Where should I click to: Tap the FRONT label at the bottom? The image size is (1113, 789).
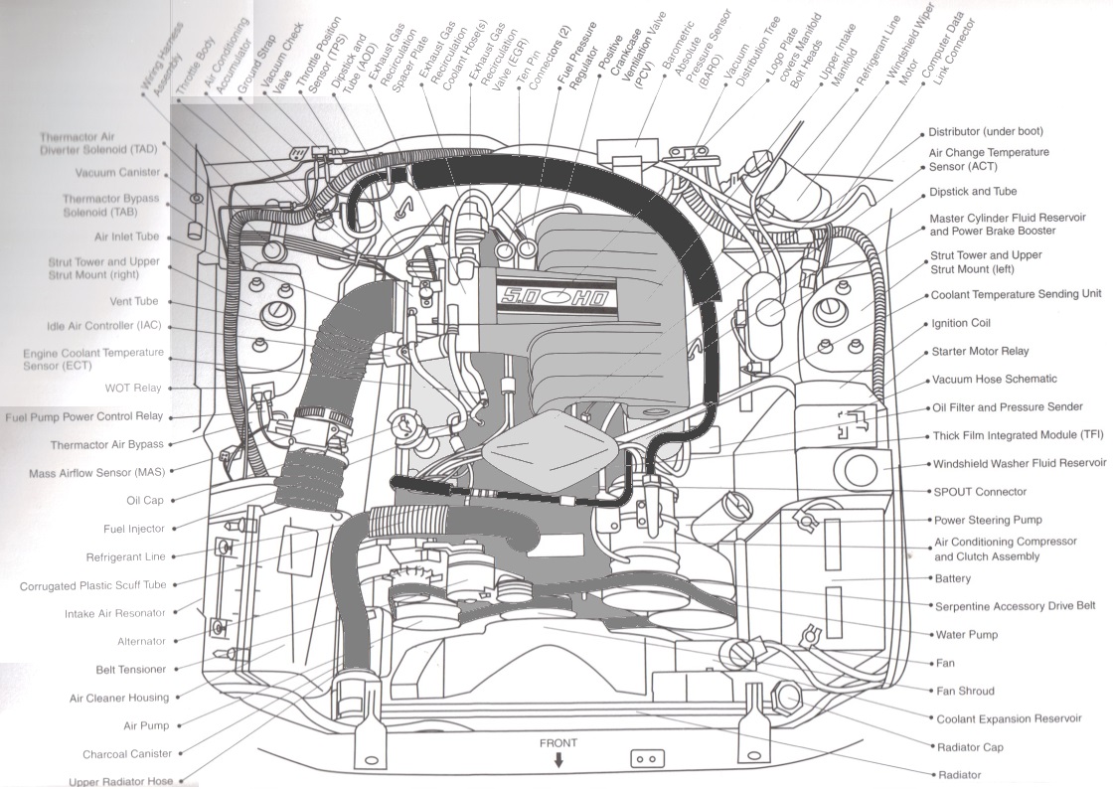[557, 743]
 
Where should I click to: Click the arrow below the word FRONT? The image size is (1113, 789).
[558, 760]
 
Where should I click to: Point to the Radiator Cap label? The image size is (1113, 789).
[970, 747]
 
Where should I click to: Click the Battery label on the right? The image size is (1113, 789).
[953, 578]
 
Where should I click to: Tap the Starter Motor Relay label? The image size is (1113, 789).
[980, 351]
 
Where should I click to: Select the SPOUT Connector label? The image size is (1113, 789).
[980, 492]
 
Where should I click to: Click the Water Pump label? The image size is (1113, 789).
[966, 634]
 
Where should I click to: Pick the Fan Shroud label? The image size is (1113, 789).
[965, 691]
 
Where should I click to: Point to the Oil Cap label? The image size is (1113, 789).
[145, 500]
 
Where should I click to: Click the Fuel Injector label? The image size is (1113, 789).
[133, 529]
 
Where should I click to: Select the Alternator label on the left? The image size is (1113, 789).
[141, 641]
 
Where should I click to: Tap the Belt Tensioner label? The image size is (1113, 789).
[130, 669]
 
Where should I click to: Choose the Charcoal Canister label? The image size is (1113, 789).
[127, 753]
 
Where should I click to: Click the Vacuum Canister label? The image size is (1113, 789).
[118, 173]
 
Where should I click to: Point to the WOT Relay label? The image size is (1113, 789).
[133, 389]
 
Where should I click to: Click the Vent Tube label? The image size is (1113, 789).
[133, 301]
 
